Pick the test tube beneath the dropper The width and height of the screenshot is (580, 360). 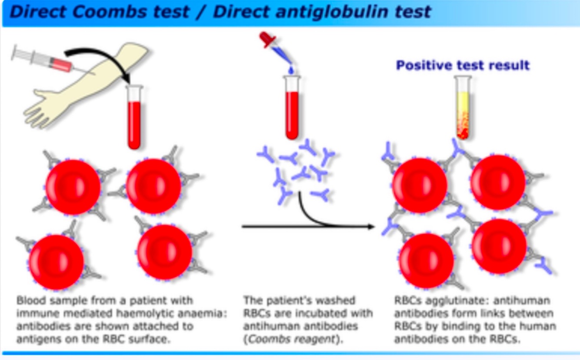pos(291,109)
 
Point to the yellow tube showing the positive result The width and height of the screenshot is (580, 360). pos(463,109)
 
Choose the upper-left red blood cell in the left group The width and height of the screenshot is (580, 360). pos(73,187)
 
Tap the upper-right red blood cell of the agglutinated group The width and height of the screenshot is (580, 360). pos(498,182)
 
